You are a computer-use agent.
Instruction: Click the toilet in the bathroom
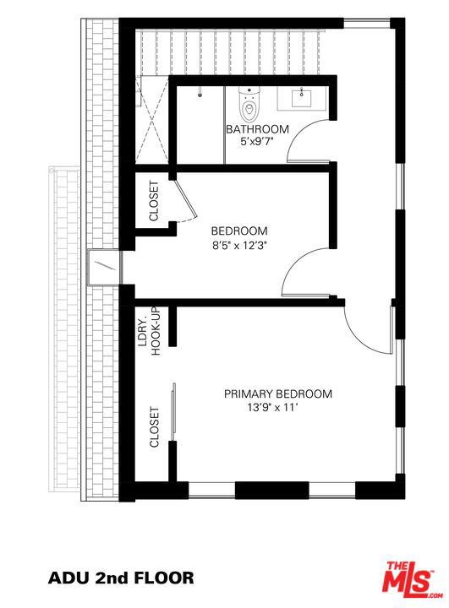click(249, 104)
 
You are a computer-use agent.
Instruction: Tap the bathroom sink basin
click(301, 97)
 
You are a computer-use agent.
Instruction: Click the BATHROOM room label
click(258, 128)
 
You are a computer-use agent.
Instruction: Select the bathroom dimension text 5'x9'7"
click(258, 142)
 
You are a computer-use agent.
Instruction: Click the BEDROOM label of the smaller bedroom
click(239, 231)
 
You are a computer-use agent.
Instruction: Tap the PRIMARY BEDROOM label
click(278, 394)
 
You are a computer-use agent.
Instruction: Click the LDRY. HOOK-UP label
click(149, 332)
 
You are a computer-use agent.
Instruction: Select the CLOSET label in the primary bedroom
click(154, 427)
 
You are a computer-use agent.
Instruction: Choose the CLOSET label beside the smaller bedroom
click(154, 201)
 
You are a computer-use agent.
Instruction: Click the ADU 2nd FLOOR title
click(121, 578)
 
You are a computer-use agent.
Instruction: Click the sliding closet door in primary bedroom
click(173, 412)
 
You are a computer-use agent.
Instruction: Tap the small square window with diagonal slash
click(103, 268)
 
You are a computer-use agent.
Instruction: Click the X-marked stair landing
click(152, 120)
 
